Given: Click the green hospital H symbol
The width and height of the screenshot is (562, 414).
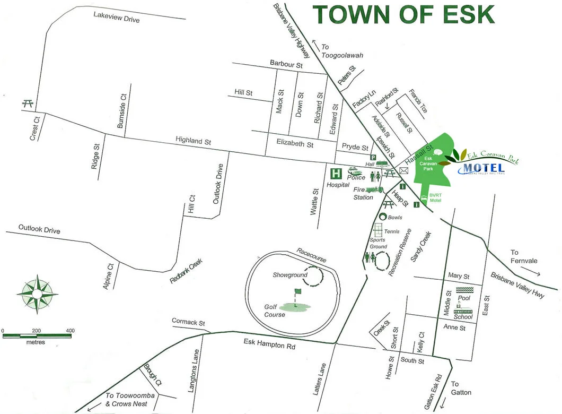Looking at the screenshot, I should pyautogui.click(x=335, y=174).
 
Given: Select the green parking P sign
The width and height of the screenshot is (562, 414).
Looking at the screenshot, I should pyautogui.click(x=373, y=158).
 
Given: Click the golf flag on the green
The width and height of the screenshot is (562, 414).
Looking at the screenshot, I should pyautogui.click(x=297, y=292).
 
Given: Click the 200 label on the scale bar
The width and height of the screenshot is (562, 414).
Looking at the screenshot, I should pyautogui.click(x=37, y=331).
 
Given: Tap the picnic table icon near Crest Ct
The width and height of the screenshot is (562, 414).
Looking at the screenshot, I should pyautogui.click(x=28, y=103).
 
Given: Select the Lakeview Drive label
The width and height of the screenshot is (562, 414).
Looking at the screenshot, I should pyautogui.click(x=116, y=17).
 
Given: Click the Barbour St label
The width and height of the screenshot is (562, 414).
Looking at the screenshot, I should pyautogui.click(x=285, y=64).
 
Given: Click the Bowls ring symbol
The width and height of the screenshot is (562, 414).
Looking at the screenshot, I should pyautogui.click(x=383, y=217).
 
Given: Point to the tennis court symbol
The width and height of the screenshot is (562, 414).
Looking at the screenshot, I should pyautogui.click(x=378, y=231).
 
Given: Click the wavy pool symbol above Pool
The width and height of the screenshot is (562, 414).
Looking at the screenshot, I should pyautogui.click(x=465, y=290).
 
